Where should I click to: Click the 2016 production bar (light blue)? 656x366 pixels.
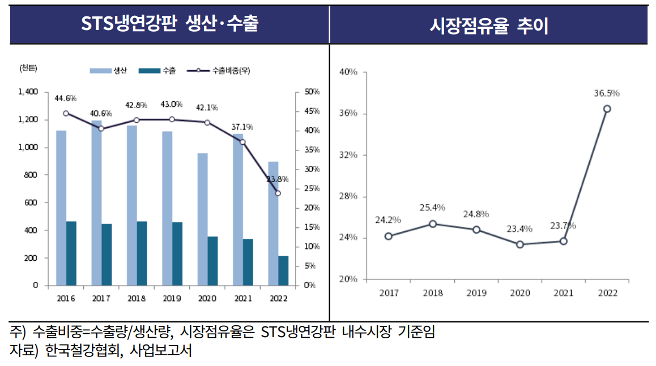tap(61, 208)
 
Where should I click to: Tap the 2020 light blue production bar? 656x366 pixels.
tap(203, 219)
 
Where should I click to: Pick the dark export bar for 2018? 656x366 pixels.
tap(142, 253)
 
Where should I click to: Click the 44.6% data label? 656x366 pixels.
tap(66, 98)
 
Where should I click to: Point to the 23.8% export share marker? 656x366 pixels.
tap(278, 193)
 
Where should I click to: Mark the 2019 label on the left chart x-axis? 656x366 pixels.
tap(172, 299)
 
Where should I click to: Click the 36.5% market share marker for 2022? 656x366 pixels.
tap(607, 109)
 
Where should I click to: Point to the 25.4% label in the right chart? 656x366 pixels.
tap(432, 208)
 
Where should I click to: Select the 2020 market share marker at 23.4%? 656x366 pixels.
tap(520, 244)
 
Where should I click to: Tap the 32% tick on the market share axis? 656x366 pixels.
tap(348, 155)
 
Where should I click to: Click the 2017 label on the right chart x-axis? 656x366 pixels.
tap(389, 293)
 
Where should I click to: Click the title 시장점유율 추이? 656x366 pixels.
tap(489, 25)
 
